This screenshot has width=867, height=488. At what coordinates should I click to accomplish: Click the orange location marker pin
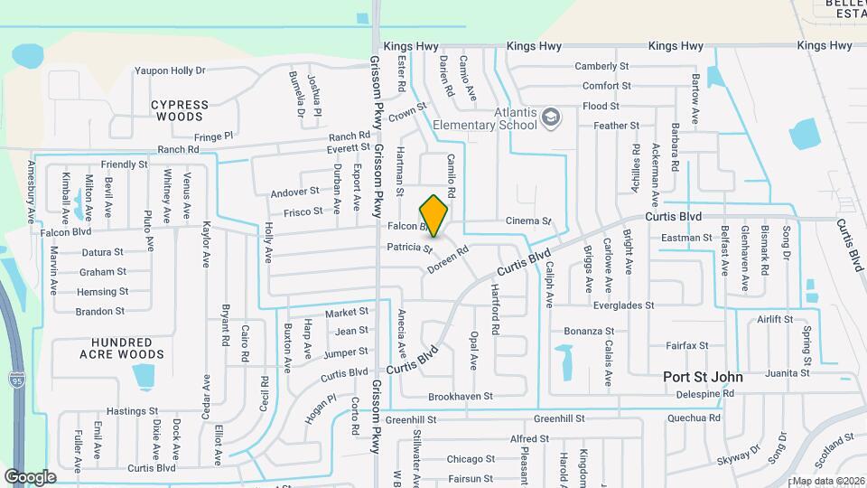(434, 216)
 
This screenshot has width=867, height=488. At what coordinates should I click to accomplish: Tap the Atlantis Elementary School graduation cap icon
(550, 117)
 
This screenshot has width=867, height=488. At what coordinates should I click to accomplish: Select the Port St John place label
(703, 377)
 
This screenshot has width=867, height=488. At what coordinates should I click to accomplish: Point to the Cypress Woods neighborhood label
(179, 110)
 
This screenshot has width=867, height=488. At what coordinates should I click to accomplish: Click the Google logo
(30, 476)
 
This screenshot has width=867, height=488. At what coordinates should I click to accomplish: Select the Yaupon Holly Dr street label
(170, 70)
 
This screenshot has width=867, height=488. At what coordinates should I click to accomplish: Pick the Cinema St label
(528, 221)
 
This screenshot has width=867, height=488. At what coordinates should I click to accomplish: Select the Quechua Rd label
(694, 418)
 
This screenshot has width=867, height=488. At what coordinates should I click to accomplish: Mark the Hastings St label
(132, 411)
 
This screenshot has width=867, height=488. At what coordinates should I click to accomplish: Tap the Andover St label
(295, 192)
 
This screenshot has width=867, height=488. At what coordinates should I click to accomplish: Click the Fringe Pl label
(213, 136)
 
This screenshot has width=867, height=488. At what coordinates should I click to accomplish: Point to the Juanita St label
(786, 372)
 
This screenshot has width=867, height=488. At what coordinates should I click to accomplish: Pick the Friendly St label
(125, 164)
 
